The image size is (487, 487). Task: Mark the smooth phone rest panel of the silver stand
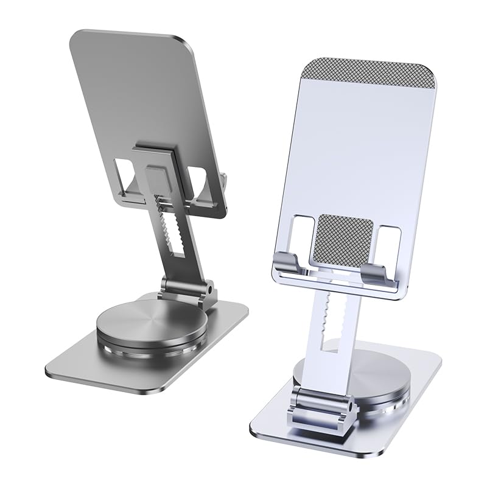[x=359, y=152]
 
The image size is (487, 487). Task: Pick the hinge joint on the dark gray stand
[x=189, y=289]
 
